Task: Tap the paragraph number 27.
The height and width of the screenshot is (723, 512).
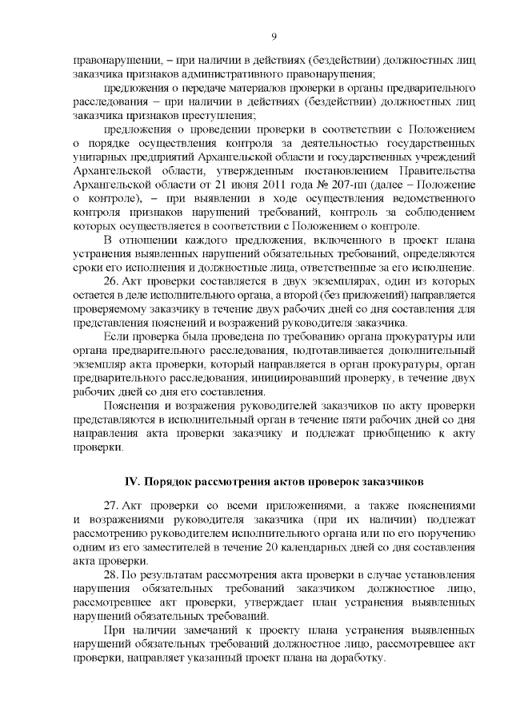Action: tap(113, 507)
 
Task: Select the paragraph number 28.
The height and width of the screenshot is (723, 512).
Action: tap(113, 576)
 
